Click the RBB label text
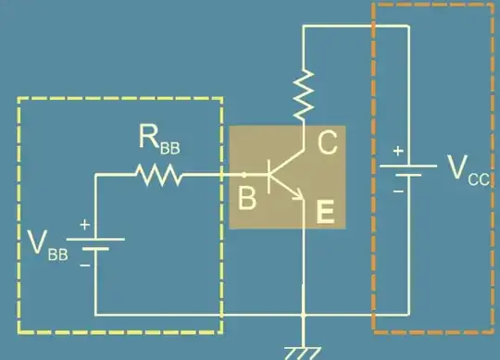point(159,141)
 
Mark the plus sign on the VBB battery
point(85,224)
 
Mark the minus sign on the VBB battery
point(85,264)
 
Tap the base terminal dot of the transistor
point(244,173)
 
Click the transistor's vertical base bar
point(269,174)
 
